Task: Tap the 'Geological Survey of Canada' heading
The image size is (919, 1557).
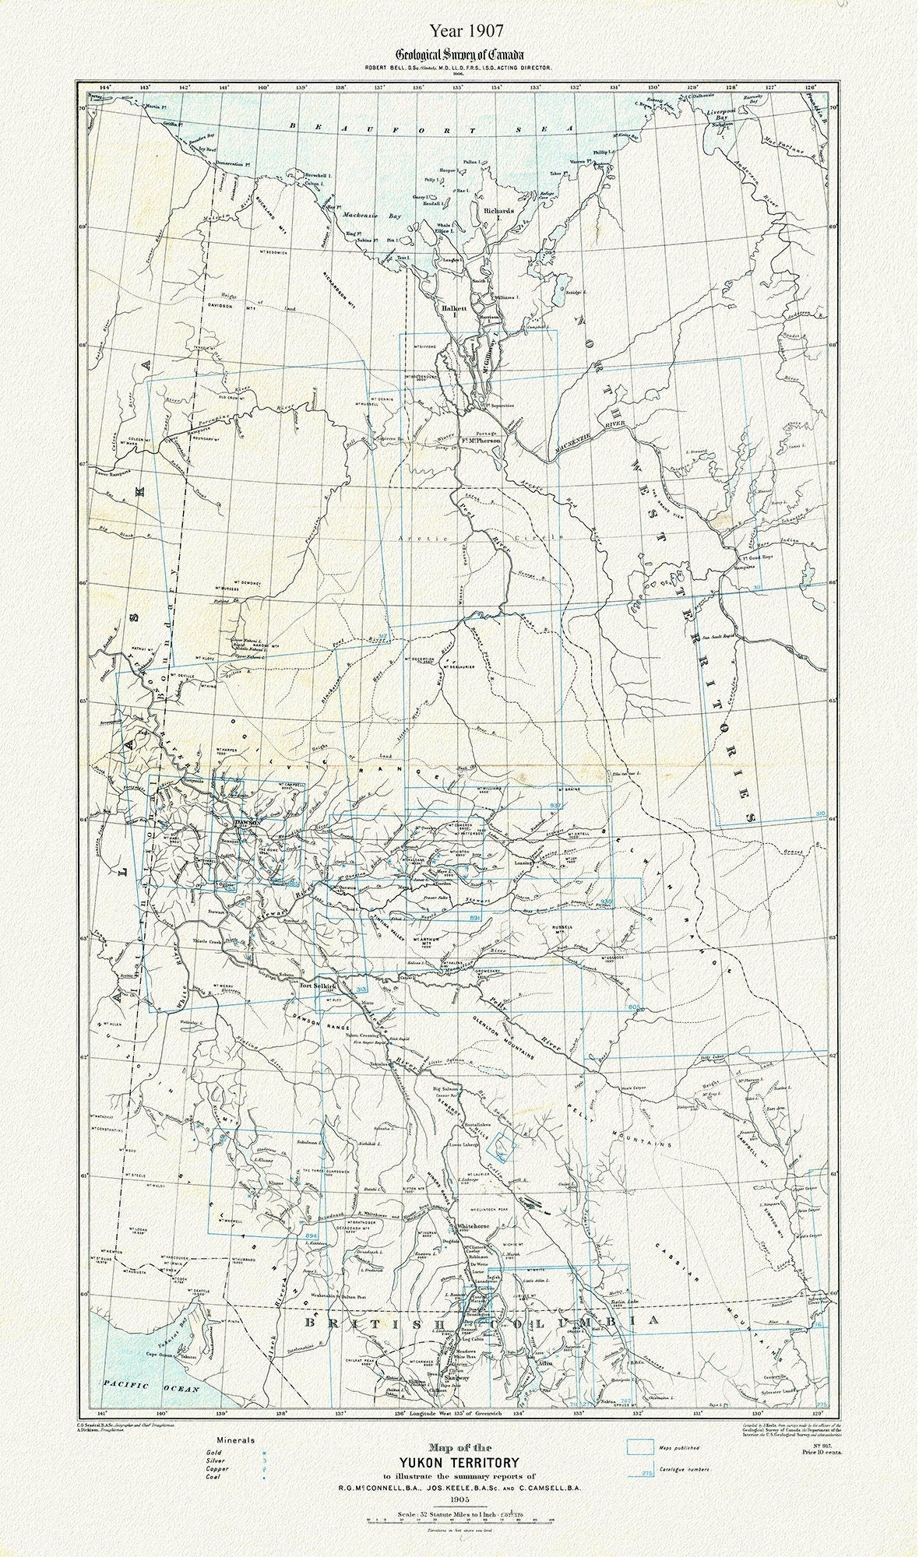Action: pyautogui.click(x=459, y=55)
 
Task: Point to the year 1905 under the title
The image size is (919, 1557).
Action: pyautogui.click(x=459, y=1495)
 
